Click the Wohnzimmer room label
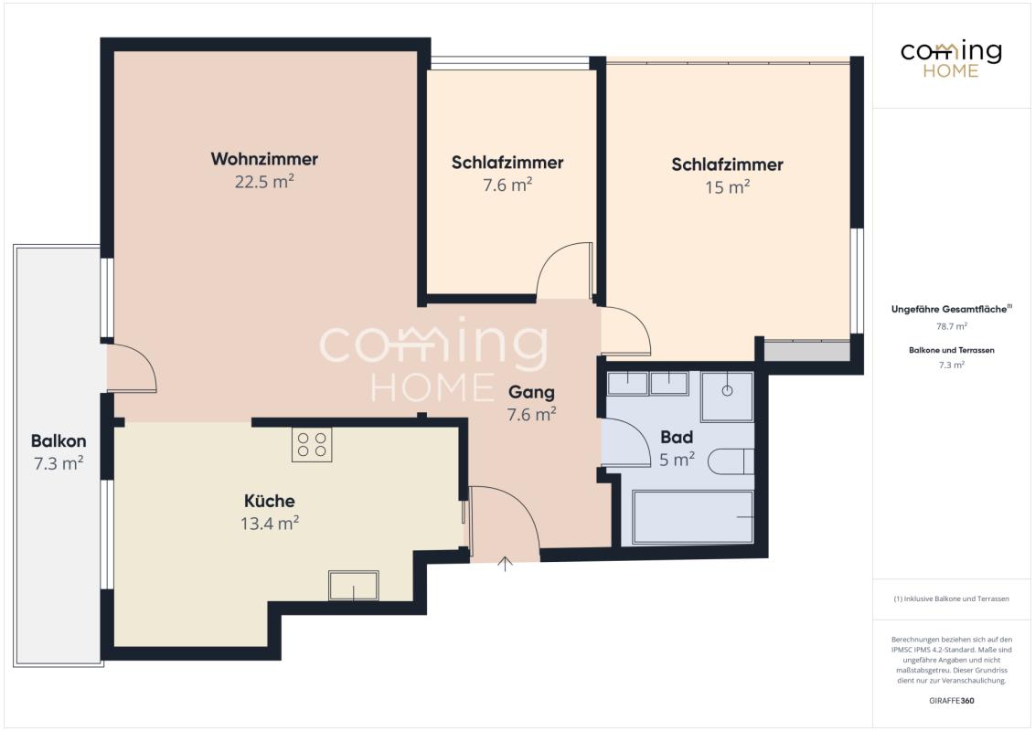[x=264, y=159]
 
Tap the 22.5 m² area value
[x=264, y=182]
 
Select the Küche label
[x=270, y=501]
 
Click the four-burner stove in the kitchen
[x=312, y=444]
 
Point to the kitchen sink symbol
[x=354, y=585]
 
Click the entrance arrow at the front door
[x=505, y=564]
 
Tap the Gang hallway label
[x=531, y=393]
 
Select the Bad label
[x=677, y=438]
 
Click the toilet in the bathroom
[x=731, y=461]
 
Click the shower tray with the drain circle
[x=727, y=397]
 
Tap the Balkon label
[x=59, y=440]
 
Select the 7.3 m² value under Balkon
[x=59, y=463]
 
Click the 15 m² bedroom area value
[x=728, y=187]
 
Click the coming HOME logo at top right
[x=951, y=59]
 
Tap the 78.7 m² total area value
[x=951, y=326]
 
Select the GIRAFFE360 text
[x=951, y=701]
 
